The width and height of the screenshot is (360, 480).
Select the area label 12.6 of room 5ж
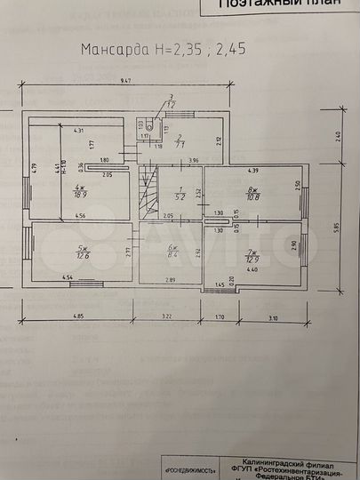(84, 257)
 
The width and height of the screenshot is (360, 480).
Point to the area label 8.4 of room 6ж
(172, 255)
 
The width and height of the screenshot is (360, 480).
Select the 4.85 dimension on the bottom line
(78, 316)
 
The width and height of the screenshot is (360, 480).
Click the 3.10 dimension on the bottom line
(272, 316)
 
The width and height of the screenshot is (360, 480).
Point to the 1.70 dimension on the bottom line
(221, 316)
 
